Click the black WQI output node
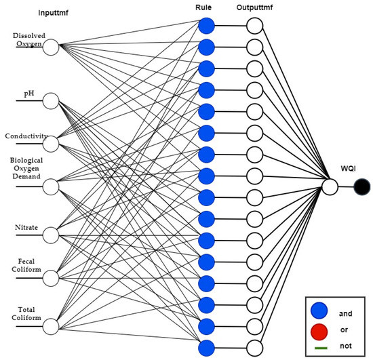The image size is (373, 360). tap(362, 186)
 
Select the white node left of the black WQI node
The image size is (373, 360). tap(330, 186)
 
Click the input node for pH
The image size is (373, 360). tap(52, 101)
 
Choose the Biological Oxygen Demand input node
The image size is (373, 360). tap(52, 184)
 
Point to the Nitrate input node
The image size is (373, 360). tap(52, 235)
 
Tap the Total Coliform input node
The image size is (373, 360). tap(52, 326)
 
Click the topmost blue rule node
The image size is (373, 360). tap(207, 26)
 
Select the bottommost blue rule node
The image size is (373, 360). tap(207, 348)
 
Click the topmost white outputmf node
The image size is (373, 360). tap(254, 26)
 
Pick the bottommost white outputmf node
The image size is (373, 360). tap(254, 348)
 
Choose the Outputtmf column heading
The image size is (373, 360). tap(256, 8)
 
